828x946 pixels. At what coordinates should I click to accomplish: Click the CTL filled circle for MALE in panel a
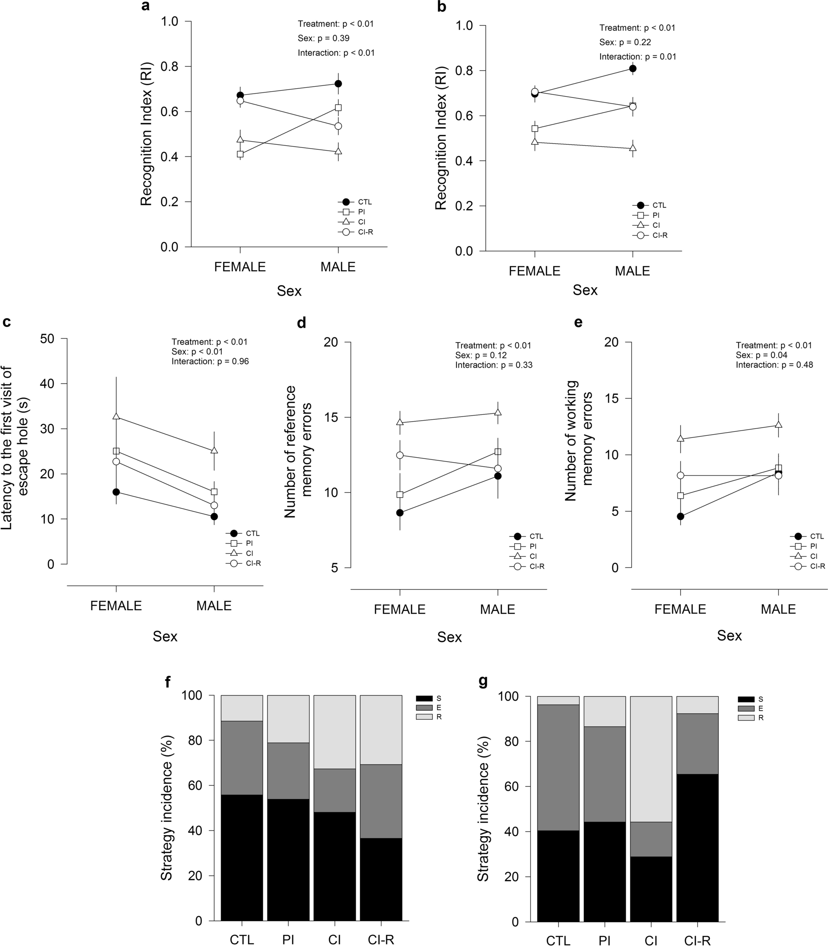click(338, 84)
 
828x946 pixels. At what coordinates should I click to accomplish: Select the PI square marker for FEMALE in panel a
click(240, 154)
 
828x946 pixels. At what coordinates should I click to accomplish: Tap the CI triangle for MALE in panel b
click(632, 148)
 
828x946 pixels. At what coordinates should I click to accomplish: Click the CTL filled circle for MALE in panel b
click(632, 69)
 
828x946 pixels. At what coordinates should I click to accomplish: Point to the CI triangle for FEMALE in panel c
click(116, 416)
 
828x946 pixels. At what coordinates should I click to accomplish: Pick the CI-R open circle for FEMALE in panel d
click(400, 455)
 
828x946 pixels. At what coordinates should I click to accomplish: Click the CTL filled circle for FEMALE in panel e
click(680, 516)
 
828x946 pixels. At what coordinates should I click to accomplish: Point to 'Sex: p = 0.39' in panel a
click(323, 38)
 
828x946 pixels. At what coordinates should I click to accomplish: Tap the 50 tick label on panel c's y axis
click(47, 339)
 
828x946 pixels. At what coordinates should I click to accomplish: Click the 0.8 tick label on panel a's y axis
click(170, 66)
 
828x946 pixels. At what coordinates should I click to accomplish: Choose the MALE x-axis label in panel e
click(778, 609)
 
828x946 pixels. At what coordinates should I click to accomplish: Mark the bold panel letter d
click(301, 323)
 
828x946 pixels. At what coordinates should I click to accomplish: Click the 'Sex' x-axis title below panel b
click(585, 290)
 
